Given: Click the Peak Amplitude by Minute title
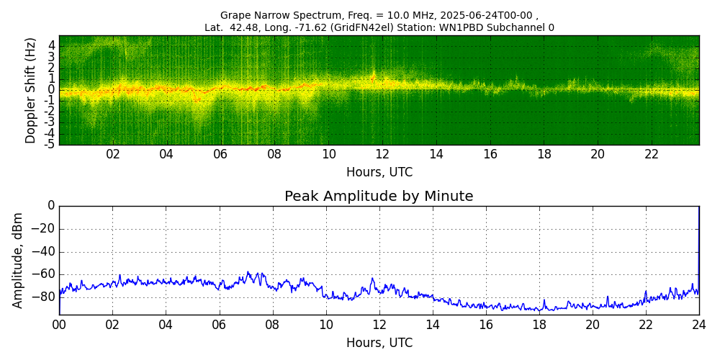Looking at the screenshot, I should (x=379, y=197).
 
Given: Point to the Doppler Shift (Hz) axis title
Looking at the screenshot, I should (x=31, y=90).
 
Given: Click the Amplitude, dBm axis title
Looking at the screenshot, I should (x=19, y=260).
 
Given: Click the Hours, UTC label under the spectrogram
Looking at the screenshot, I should (x=379, y=173).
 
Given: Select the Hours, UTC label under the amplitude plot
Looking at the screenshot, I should (x=379, y=343).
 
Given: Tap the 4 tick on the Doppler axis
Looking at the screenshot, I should (x=52, y=45).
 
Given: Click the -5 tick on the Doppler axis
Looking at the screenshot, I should (x=50, y=144).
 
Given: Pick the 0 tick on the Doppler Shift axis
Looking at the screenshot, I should (x=52, y=89).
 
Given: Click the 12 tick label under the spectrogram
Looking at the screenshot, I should (x=382, y=154).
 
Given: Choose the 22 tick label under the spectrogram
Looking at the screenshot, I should (x=652, y=154).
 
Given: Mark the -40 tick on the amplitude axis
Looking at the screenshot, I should (x=44, y=251).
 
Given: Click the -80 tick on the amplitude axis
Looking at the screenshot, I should (x=44, y=297).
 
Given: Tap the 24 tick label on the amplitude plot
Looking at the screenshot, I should (x=699, y=325).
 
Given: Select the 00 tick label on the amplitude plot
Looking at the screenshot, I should (x=59, y=325).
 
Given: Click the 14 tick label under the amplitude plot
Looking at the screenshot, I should (x=433, y=325).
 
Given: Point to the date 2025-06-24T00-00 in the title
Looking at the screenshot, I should (x=479, y=15).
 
